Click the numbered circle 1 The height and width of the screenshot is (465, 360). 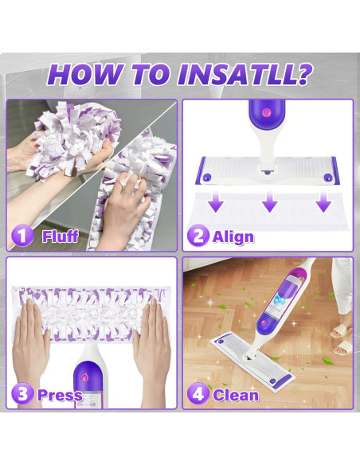pyautogui.click(x=22, y=236)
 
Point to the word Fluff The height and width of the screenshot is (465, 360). pyautogui.click(x=60, y=236)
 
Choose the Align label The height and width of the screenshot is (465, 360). pyautogui.click(x=233, y=236)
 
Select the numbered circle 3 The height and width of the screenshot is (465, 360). pyautogui.click(x=22, y=394)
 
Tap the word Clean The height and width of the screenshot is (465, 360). pyautogui.click(x=236, y=395)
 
